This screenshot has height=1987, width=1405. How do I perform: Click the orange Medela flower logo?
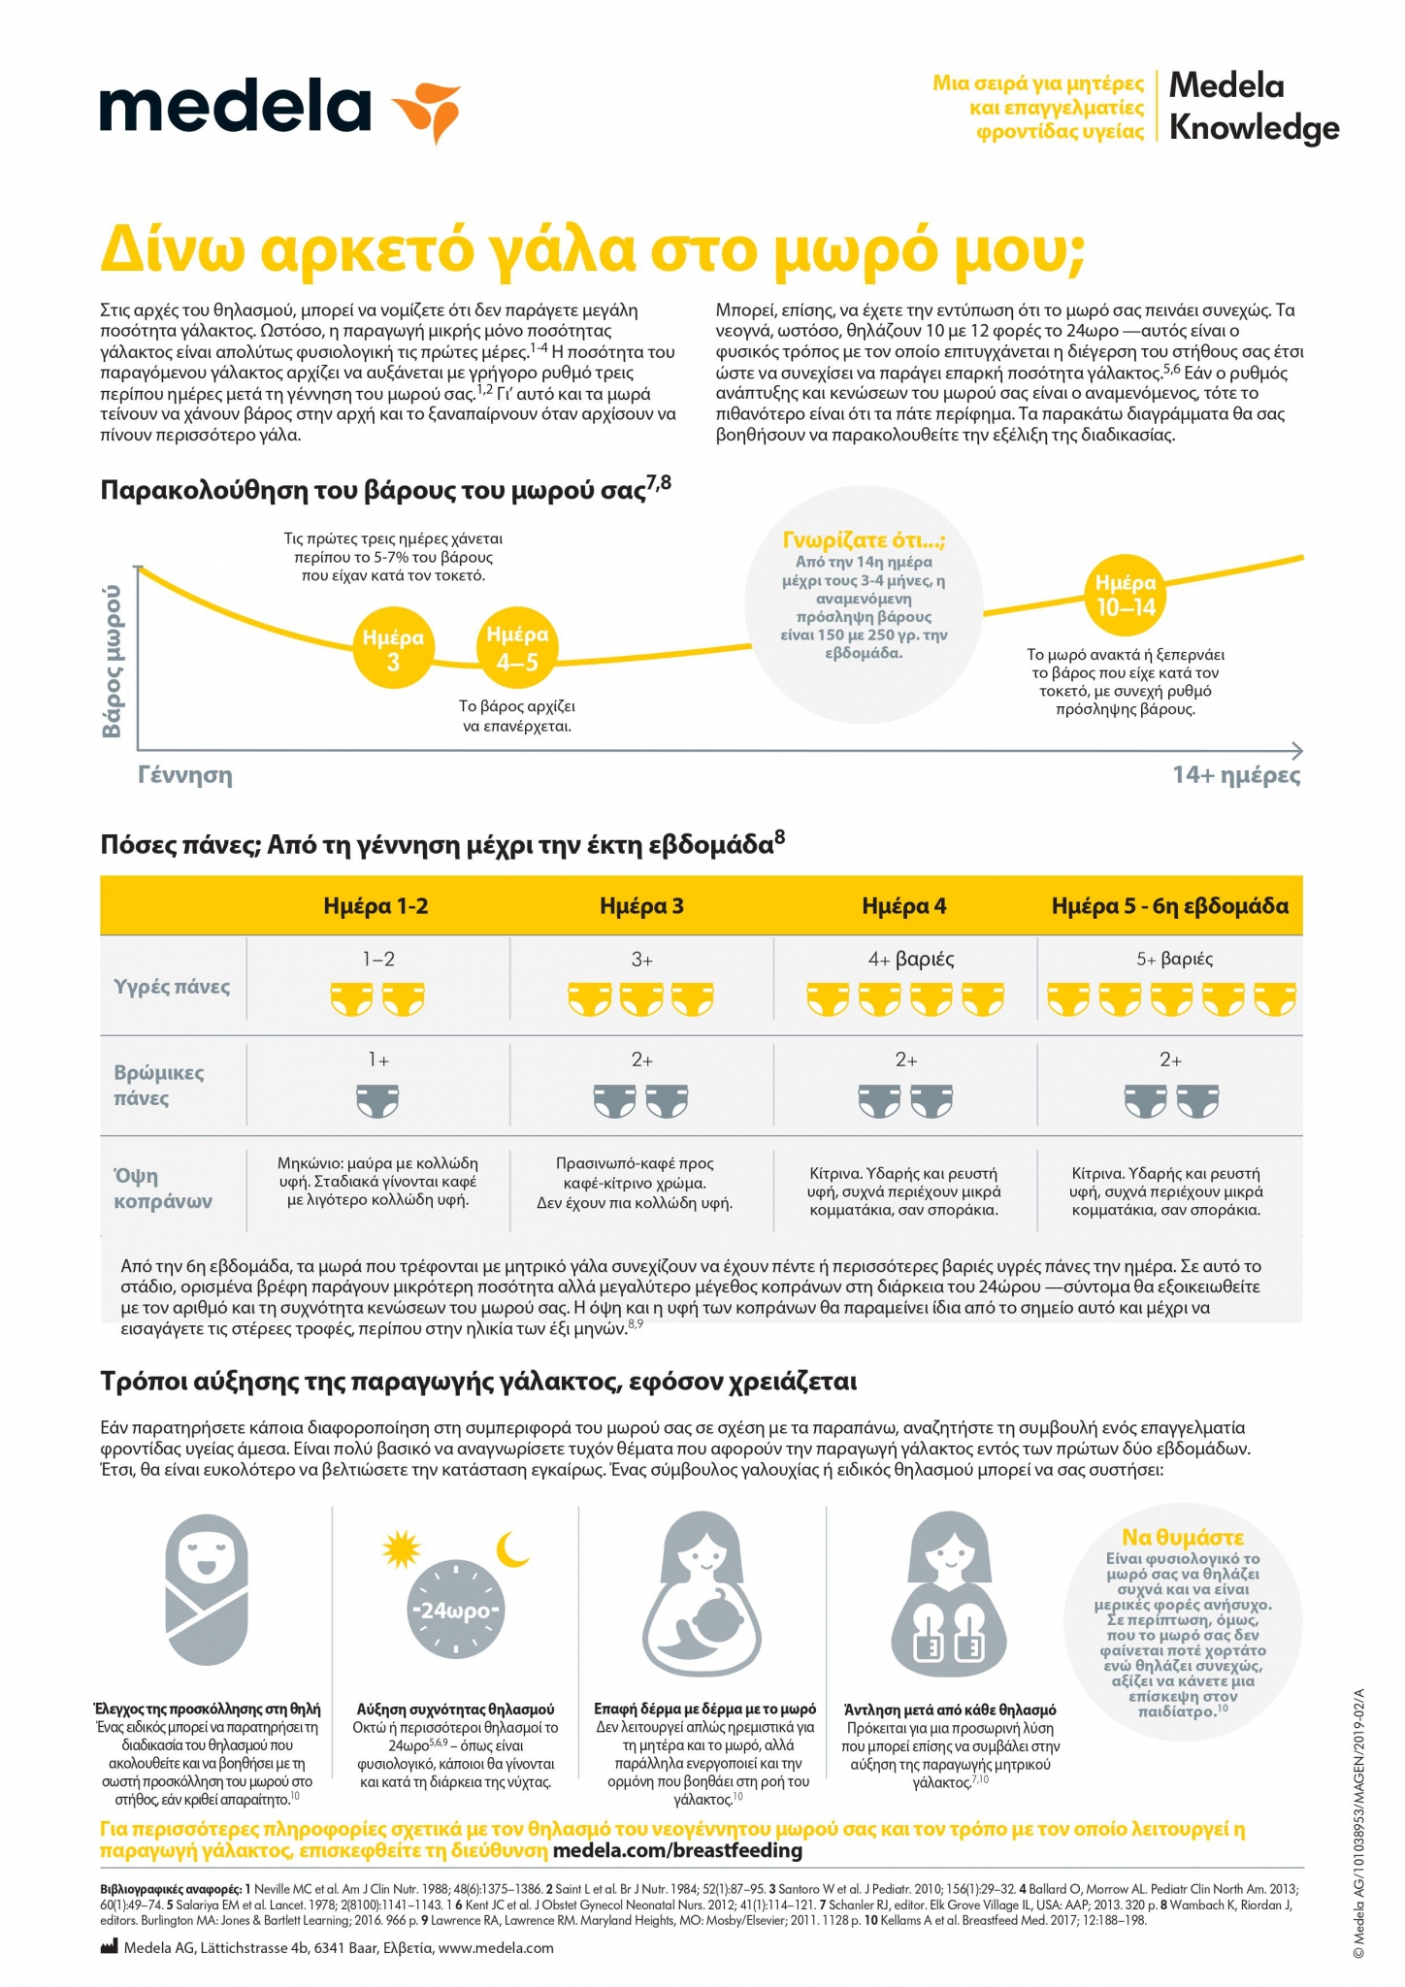point(426,110)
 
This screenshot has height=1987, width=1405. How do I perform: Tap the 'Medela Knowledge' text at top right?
point(1254,107)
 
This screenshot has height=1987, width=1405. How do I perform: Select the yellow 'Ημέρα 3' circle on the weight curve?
point(393,649)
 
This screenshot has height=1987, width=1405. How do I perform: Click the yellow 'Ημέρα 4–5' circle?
point(517,647)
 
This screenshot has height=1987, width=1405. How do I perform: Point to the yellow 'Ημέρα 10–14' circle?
point(1126,594)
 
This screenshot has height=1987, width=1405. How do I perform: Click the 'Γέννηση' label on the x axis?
point(184,775)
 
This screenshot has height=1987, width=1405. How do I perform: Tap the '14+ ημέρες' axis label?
point(1236,775)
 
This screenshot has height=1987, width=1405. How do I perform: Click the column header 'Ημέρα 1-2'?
point(376,906)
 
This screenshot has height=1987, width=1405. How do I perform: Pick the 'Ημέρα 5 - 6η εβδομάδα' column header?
point(1170,906)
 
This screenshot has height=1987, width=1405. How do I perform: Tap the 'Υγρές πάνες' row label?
point(172,987)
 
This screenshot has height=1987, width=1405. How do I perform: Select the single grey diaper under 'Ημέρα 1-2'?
point(377,1100)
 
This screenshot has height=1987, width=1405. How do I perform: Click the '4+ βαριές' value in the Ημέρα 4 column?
point(911,960)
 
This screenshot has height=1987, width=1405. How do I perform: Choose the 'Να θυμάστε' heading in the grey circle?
point(1183,1537)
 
